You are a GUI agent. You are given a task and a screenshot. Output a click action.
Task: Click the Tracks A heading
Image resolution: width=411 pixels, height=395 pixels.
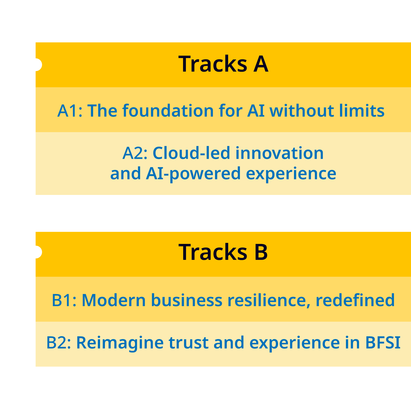coord(223,64)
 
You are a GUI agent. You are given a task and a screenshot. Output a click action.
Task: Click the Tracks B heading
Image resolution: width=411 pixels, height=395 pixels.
coord(223,252)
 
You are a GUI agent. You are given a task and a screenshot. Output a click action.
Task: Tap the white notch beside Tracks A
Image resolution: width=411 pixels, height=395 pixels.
coord(38,64)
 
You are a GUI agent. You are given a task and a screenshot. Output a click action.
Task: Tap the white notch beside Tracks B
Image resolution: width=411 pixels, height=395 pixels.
coord(38,252)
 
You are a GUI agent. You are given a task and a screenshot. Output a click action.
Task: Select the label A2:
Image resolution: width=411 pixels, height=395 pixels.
coord(135,153)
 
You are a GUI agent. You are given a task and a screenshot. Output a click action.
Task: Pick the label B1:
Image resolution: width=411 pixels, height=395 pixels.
coord(64,300)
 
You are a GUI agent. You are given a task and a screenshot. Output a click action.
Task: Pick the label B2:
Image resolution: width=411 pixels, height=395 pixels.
coord(59,342)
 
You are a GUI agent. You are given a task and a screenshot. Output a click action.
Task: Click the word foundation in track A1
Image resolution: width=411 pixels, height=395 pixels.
coord(168,110)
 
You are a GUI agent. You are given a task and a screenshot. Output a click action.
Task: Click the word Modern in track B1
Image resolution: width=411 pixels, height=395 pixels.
coord(113,300)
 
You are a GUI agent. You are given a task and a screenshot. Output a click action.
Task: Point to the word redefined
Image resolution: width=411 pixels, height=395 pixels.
coord(355,300)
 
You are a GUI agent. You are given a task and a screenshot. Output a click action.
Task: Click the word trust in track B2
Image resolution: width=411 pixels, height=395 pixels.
coord(189,343)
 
